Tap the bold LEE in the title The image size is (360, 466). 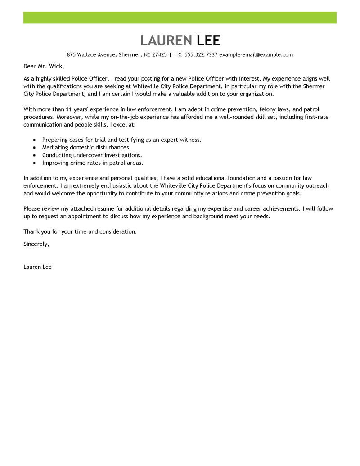209,41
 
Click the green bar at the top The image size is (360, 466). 180,18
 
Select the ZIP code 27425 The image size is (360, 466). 159,55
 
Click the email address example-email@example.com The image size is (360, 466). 256,55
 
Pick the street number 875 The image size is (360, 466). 71,55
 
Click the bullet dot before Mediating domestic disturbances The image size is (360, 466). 34,148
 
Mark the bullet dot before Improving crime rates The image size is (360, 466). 34,163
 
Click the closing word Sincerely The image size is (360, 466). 36,244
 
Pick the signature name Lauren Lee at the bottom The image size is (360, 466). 37,267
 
